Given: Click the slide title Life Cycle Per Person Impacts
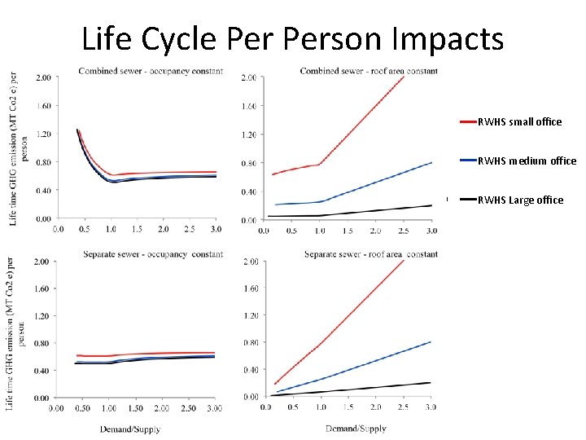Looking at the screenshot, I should [292, 38].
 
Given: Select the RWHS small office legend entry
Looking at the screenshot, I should [519, 121].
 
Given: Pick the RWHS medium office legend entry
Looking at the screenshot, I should [526, 161].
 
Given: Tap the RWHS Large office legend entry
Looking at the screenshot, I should [520, 200].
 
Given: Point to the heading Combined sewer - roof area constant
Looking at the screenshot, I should [369, 71].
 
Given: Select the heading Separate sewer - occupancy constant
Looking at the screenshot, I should [153, 254].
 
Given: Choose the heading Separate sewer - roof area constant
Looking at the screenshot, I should [371, 254].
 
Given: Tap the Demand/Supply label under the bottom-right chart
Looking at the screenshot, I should [356, 428].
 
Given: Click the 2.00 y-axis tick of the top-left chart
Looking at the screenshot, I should [42, 77].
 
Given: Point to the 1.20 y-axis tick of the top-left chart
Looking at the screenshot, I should [42, 134].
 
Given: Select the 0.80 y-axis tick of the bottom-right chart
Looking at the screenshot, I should [251, 342].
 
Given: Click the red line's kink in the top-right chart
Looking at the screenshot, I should [319, 164].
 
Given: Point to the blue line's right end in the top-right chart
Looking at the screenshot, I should [431, 162].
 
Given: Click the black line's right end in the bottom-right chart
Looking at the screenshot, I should [431, 383].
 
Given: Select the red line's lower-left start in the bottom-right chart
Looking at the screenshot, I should [276, 384].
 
